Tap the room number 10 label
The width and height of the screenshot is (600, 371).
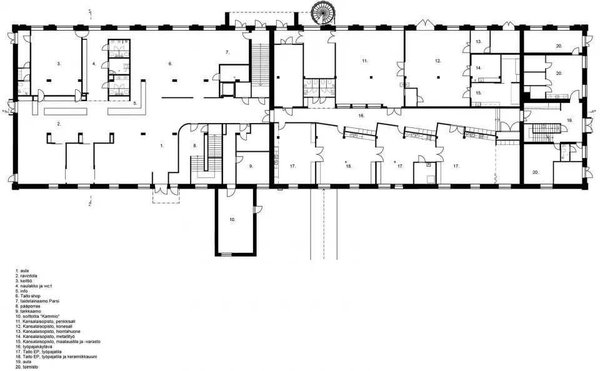pos(232,219)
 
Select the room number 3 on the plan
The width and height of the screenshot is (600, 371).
pos(59,64)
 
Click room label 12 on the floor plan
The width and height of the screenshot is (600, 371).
pos(438,61)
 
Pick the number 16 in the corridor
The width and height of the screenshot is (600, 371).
pos(361,116)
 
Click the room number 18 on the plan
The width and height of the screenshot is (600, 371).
pos(349,166)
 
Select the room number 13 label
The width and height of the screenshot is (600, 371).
pos(478,41)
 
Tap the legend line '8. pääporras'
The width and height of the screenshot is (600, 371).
pos(31,306)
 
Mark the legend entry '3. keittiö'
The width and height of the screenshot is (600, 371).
pos(27,281)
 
